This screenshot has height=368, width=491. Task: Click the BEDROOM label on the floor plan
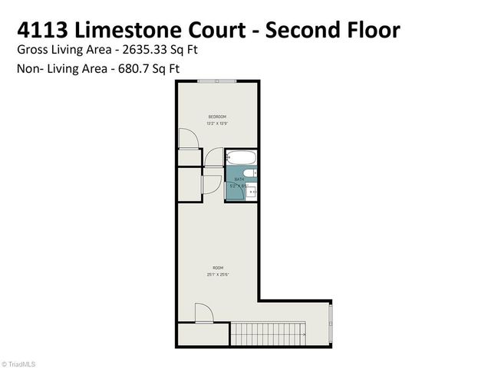[x=216, y=116]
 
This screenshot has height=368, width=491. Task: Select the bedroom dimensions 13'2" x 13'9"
[x=216, y=123]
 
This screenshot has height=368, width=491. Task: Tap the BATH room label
[x=239, y=179]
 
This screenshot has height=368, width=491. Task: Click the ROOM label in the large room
[x=217, y=268]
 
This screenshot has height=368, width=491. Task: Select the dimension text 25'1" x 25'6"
[x=217, y=274]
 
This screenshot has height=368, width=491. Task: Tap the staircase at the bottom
[x=269, y=333]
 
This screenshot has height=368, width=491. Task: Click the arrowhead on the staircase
[x=304, y=335]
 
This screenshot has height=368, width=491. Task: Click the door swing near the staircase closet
[x=203, y=313]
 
